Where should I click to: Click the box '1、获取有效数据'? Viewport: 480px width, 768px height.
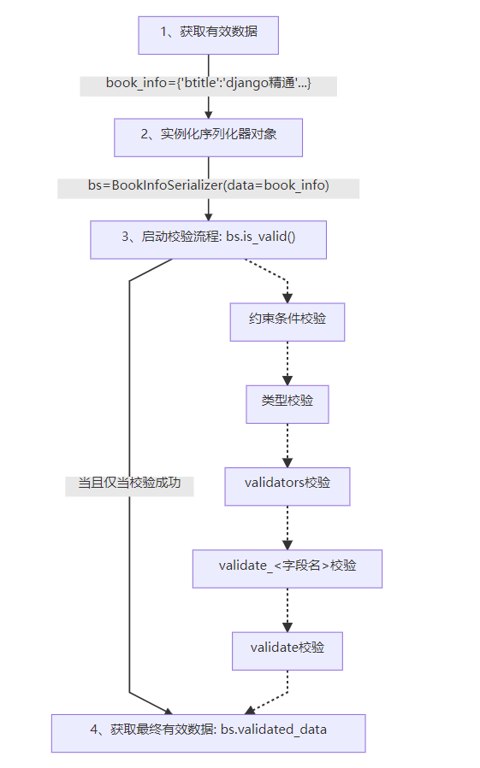pos(209,33)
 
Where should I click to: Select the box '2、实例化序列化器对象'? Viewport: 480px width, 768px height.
pos(209,137)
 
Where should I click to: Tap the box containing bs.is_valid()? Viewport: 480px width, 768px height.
pos(209,239)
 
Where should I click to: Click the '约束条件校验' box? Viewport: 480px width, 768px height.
pos(287,321)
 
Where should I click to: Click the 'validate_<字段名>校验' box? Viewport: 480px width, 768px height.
pos(287,568)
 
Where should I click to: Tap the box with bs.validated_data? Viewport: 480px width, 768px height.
pos(208,732)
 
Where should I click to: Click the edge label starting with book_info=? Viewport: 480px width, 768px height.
pos(208,85)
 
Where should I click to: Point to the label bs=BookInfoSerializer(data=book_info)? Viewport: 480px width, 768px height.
pos(208,188)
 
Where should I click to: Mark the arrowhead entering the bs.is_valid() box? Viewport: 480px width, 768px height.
pos(209,215)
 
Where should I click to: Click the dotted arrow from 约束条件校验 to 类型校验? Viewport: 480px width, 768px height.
pos(287,362)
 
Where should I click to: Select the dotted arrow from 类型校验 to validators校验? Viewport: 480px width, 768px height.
pos(287,444)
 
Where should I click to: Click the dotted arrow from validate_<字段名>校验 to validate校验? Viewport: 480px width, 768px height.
pos(287,609)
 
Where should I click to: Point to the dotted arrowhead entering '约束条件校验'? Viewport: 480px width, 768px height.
pos(287,297)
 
